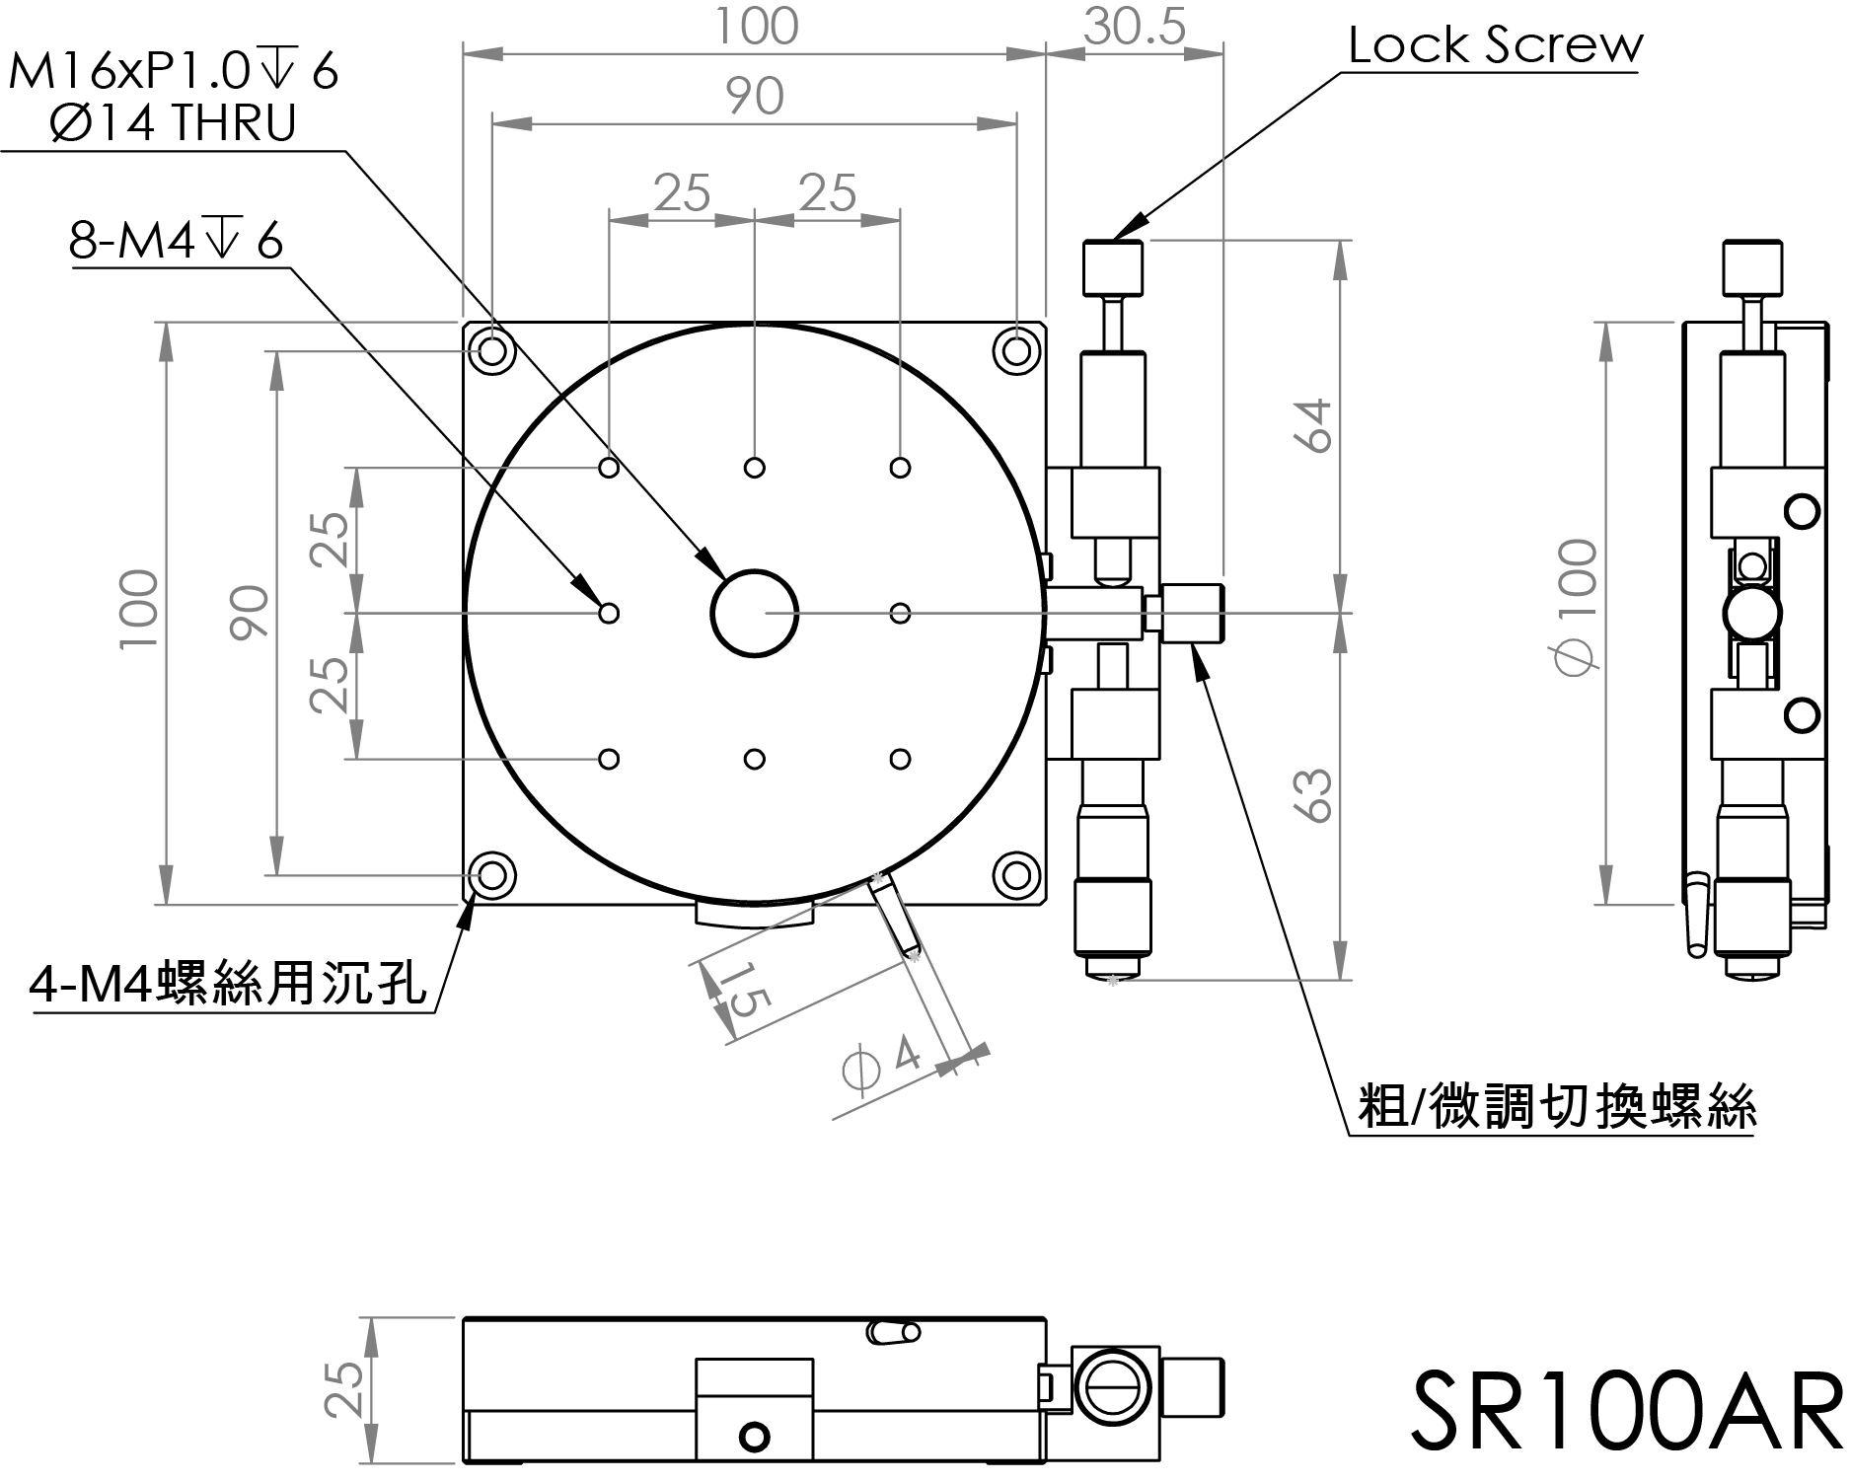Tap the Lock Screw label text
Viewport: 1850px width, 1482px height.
point(1495,46)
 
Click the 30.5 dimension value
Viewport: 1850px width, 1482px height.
point(1134,27)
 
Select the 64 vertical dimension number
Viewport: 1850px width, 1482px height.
point(1316,425)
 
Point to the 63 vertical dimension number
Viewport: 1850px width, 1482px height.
point(1316,795)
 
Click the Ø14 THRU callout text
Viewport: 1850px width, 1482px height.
point(170,123)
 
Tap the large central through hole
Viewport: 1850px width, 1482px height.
point(754,613)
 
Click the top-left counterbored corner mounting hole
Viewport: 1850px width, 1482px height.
point(491,350)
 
